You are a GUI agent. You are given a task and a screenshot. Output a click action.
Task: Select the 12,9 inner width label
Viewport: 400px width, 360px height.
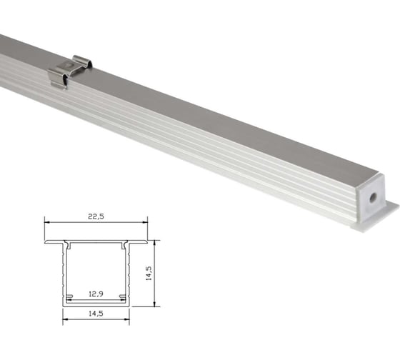[95, 293]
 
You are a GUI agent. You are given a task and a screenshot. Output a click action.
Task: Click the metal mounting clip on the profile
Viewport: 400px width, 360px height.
[70, 72]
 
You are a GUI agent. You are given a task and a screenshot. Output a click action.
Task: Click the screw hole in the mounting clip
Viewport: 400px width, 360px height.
[67, 65]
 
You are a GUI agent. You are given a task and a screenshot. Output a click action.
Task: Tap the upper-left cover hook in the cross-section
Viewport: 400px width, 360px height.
[70, 247]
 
